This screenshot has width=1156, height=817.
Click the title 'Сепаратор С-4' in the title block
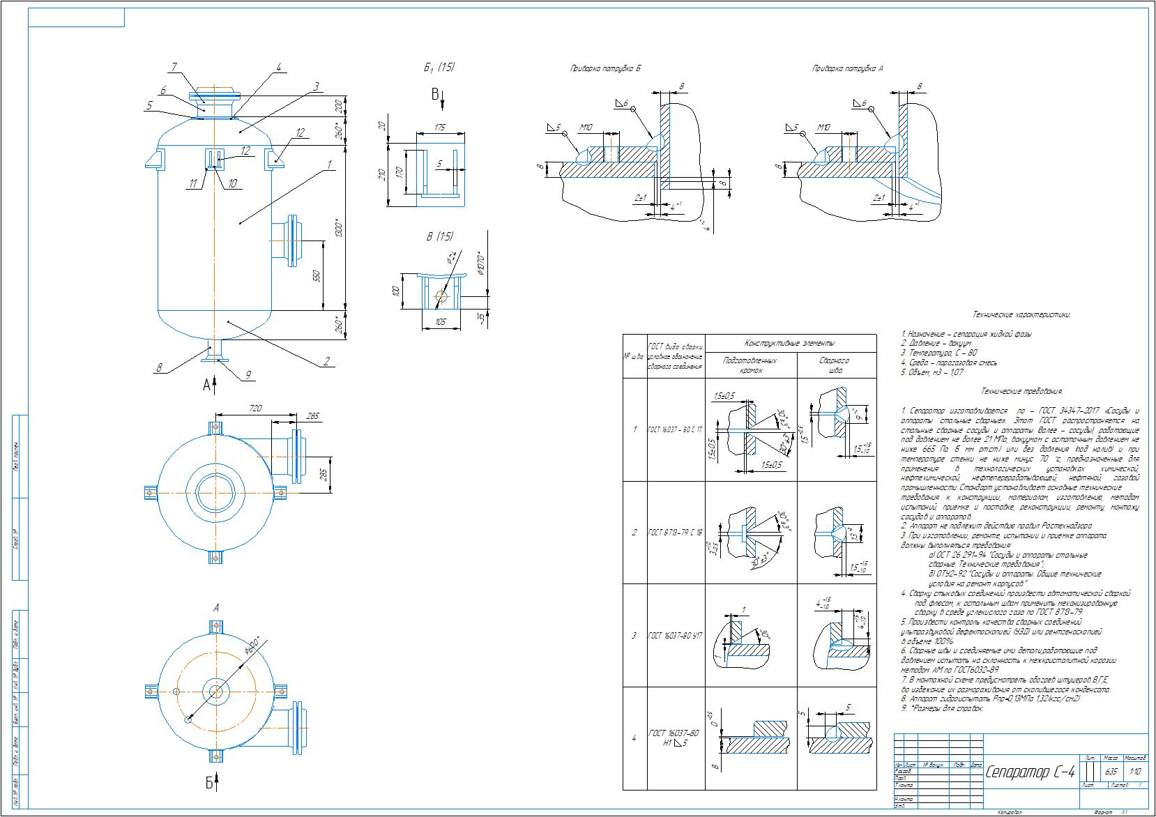(x=1030, y=772)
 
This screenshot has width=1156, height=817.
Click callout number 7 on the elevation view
(x=174, y=67)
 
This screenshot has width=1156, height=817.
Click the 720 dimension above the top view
(x=254, y=408)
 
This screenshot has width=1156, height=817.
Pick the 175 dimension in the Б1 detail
(x=439, y=127)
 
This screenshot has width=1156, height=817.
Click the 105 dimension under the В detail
(x=440, y=322)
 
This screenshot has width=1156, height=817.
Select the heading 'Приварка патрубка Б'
(x=604, y=69)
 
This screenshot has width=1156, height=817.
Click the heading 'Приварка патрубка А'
(x=848, y=69)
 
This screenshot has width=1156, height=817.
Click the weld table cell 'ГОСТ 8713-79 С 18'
(x=676, y=533)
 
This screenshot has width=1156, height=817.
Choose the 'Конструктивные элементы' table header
(x=789, y=343)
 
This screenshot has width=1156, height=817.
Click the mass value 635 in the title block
(x=1111, y=772)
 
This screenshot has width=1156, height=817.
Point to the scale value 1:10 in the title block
(x=1135, y=772)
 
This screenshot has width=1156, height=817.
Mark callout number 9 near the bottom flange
(x=247, y=375)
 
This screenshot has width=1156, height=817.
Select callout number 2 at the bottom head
(x=326, y=362)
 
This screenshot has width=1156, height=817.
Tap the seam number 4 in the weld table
(x=634, y=738)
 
